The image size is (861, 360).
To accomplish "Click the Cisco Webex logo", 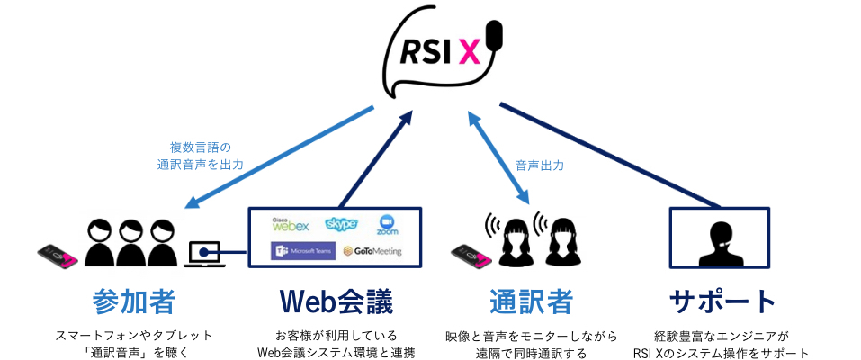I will [290, 223].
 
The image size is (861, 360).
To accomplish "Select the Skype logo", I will [342, 223].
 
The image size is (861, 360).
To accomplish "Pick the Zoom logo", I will [388, 225].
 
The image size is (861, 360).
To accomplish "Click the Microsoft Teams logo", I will [303, 250].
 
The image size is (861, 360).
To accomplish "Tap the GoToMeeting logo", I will [372, 251].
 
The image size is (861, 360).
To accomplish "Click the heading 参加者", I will [133, 301].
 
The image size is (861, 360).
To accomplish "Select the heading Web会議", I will [335, 301].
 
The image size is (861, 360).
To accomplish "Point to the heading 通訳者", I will [531, 301].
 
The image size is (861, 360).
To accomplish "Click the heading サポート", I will [722, 301].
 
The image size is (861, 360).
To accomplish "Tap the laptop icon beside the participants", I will [205, 255].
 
